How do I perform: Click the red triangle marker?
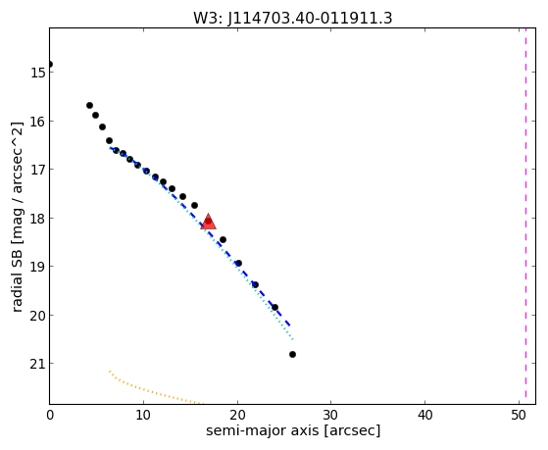coord(208,222)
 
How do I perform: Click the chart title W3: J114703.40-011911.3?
coord(293,18)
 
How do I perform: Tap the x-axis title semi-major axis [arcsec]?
coord(293,430)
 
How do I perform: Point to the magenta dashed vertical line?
coord(525,216)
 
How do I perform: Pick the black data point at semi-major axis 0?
coord(50,65)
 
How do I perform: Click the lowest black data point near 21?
coord(292,355)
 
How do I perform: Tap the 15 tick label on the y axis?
coord(37,73)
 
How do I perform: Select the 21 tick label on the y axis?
coord(37,364)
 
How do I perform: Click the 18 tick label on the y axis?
coord(37,219)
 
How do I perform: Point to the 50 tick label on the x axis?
coord(519,415)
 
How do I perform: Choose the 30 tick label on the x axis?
coord(331,415)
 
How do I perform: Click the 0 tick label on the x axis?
coord(50,415)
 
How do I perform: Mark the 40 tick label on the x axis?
coord(425,415)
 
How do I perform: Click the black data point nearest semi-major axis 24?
coord(274,308)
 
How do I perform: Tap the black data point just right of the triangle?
coord(223,240)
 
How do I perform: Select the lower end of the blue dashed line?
coord(290,325)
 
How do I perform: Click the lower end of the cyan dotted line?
coord(293,339)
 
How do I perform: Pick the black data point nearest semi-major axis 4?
coord(89,105)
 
